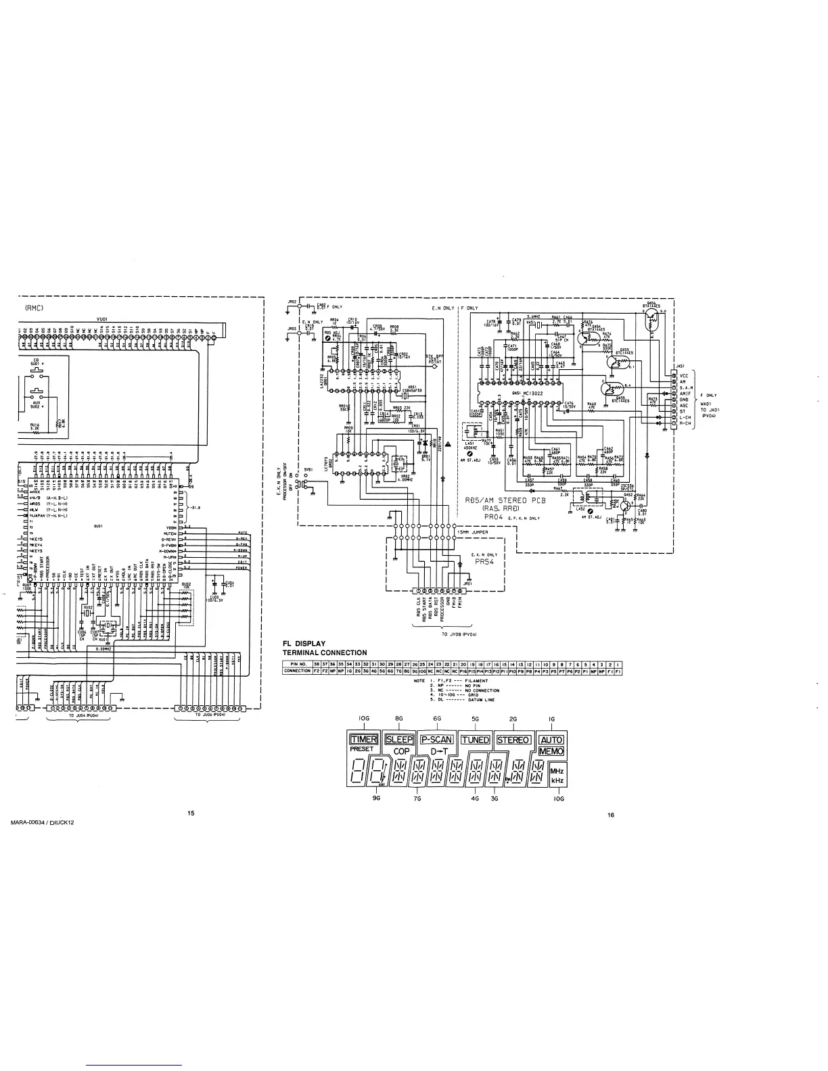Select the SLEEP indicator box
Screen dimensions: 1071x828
click(399, 740)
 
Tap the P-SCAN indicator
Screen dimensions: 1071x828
click(436, 740)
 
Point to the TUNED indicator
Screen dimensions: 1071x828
click(475, 740)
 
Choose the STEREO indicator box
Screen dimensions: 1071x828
click(513, 740)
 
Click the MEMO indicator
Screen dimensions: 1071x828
click(551, 751)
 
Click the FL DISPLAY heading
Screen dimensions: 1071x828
click(304, 643)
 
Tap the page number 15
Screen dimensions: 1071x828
click(191, 813)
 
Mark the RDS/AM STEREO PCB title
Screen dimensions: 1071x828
click(505, 500)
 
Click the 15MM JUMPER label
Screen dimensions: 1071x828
click(472, 533)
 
